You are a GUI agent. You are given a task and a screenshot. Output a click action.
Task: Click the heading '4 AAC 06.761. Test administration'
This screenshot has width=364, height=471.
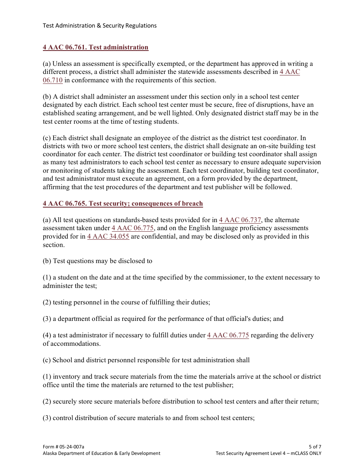coord(95,47)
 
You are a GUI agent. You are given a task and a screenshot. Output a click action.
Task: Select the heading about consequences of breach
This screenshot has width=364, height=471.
coord(123,204)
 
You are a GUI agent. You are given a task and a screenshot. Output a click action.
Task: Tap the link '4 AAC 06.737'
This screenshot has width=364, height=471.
coord(240,220)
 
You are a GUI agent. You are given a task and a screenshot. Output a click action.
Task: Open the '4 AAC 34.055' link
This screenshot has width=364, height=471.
coord(108,237)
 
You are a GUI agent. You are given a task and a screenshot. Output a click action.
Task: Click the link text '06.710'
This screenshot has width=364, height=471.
coord(52,80)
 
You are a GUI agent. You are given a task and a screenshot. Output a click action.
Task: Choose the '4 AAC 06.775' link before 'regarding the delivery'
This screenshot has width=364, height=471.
coord(228,335)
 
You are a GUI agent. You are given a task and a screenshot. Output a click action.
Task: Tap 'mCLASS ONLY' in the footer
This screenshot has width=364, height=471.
coord(303,453)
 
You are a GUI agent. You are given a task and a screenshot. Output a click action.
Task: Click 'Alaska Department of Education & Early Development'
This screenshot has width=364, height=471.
coord(102,453)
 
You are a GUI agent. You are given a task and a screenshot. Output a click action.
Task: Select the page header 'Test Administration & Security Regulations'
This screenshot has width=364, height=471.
coord(100,26)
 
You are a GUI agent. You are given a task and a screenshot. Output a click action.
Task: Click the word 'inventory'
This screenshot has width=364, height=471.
coord(66,377)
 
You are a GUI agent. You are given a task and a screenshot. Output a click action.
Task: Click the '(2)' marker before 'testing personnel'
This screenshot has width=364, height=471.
coord(47,303)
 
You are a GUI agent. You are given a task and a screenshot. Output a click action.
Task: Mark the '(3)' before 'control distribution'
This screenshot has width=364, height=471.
coord(47,418)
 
